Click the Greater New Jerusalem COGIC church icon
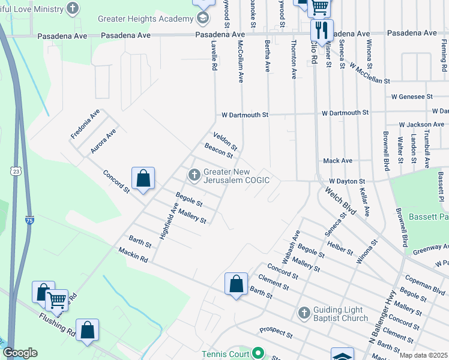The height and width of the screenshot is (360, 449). coord(194,175)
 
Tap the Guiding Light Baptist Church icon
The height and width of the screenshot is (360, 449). coord(304,313)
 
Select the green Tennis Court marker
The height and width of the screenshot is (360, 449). coord(258,353)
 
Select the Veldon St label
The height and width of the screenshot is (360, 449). coord(226,142)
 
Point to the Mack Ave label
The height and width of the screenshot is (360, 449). coord(337,161)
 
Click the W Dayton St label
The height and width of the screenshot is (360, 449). coord(347,181)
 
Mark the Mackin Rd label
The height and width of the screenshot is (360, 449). coord(133,255)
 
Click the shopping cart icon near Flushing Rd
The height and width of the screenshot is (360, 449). coord(57,299)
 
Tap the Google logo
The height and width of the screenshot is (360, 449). coord(20,353)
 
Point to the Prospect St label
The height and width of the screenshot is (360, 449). coord(276,332)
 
